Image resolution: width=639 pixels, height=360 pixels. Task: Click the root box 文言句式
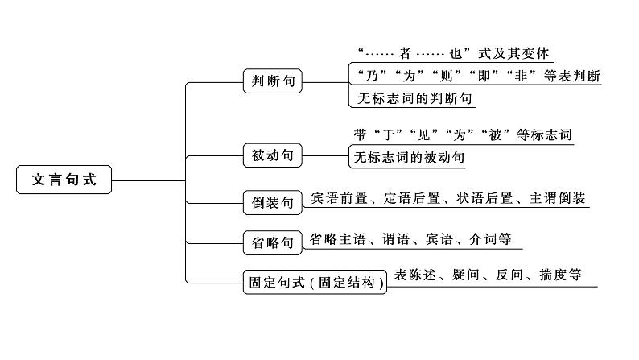(x=64, y=180)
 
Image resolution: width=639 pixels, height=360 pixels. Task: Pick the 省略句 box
(x=273, y=240)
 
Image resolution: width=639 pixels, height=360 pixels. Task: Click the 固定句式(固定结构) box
(x=315, y=282)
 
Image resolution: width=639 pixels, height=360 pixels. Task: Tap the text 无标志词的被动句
(x=409, y=158)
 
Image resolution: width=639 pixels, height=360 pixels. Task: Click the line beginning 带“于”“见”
(x=463, y=134)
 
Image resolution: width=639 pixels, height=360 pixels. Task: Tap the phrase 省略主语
(x=337, y=238)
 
